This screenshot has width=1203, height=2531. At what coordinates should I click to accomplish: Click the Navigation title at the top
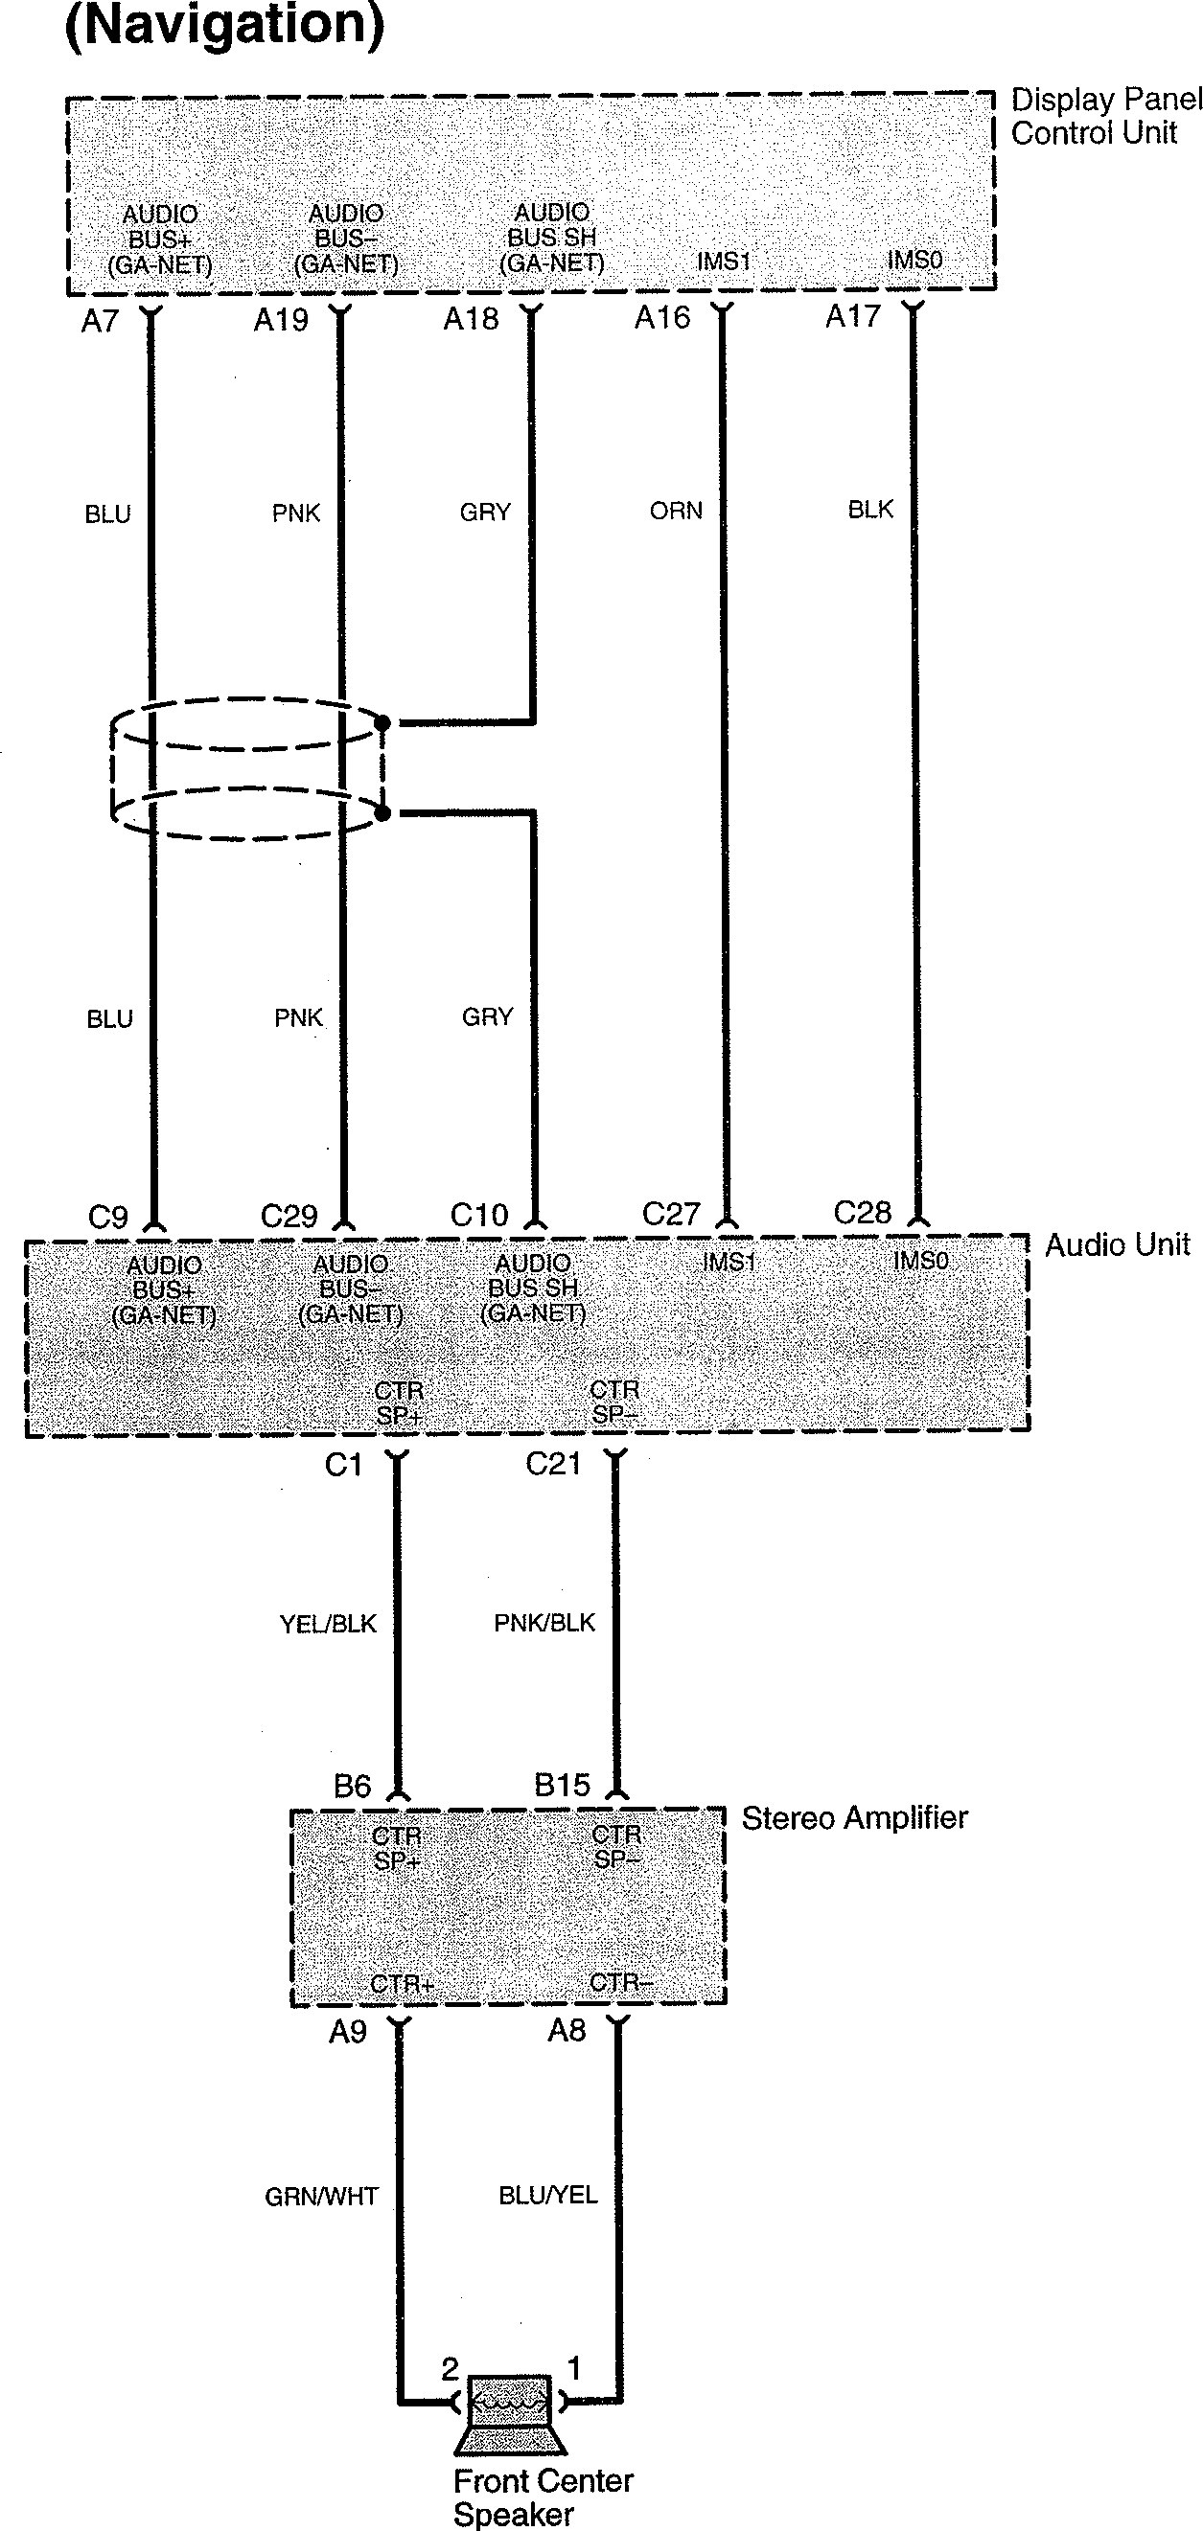(224, 26)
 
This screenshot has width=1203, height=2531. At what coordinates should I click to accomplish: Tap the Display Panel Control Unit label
(1104, 116)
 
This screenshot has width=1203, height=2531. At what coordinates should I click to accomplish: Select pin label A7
(101, 321)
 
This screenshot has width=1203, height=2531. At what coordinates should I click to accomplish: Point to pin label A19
(280, 320)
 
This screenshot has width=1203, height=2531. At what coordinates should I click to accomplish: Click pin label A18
(471, 319)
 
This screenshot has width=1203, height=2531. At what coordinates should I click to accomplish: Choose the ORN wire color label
(676, 511)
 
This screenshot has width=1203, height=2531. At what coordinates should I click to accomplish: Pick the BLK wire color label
(870, 509)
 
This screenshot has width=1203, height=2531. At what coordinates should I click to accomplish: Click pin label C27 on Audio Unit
(670, 1215)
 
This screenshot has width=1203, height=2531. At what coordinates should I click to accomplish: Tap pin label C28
(862, 1213)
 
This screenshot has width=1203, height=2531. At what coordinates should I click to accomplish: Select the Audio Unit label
(1117, 1245)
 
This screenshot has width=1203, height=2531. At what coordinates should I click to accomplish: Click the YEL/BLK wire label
(328, 1624)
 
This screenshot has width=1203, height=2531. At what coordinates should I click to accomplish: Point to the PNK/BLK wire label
(544, 1622)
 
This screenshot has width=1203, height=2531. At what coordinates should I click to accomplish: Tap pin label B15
(562, 1785)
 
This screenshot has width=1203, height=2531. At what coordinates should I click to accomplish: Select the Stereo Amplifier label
(854, 1817)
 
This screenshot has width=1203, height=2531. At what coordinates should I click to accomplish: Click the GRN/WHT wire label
(321, 2196)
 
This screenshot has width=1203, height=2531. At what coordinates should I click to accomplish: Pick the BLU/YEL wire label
(547, 2195)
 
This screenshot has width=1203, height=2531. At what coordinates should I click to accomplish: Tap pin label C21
(553, 1464)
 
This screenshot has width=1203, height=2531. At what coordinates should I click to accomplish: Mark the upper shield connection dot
(383, 723)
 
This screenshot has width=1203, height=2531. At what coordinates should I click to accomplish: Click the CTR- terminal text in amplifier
(620, 1983)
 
